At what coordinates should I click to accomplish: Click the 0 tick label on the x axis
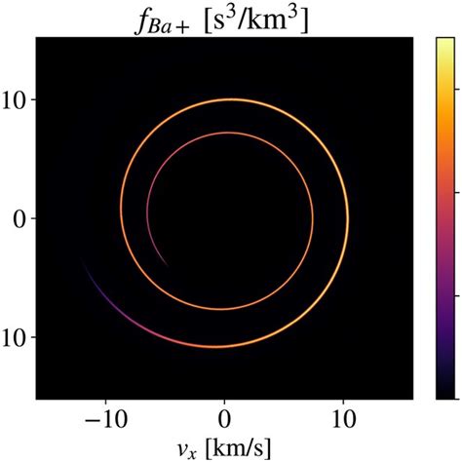tap(224, 416)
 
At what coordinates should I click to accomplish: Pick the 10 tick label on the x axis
tap(343, 416)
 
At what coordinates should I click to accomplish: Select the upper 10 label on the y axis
tap(18, 100)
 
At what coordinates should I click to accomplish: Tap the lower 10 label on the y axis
tap(18, 337)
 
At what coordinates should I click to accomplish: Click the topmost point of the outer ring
tap(230, 99)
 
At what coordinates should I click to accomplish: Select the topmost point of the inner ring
tap(228, 133)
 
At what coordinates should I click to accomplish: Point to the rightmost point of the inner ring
tap(312, 220)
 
